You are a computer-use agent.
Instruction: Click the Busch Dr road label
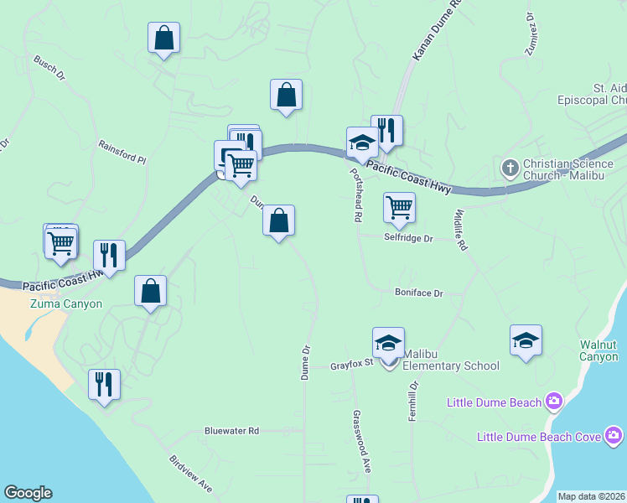click(x=49, y=69)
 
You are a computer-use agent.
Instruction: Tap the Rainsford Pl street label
click(x=122, y=151)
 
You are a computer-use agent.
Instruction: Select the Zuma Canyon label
click(x=66, y=304)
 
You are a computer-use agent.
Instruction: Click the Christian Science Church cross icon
click(x=510, y=168)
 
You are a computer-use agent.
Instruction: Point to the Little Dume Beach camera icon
click(x=553, y=402)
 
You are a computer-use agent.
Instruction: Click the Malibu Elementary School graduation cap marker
click(x=388, y=343)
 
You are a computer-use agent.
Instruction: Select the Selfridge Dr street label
click(x=408, y=238)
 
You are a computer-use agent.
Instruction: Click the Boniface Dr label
click(x=418, y=293)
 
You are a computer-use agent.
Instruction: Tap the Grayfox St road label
click(x=350, y=366)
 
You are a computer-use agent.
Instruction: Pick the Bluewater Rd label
click(x=232, y=430)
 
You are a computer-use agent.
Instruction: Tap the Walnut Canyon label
click(x=598, y=350)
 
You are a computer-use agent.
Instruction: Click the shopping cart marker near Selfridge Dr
click(x=399, y=206)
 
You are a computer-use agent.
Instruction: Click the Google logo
click(x=28, y=493)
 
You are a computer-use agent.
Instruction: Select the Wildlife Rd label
click(x=460, y=230)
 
